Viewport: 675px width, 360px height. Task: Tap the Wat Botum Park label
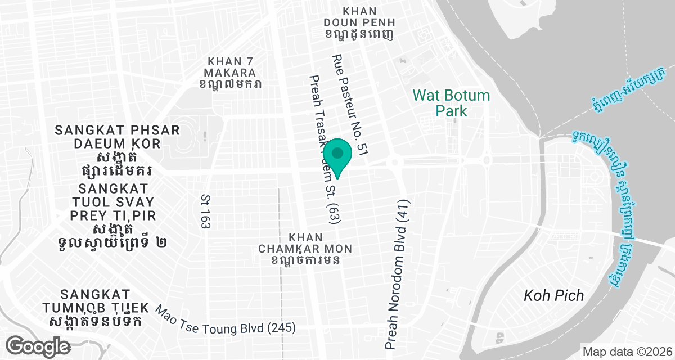pos(452,102)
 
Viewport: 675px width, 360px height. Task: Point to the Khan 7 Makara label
pos(231,73)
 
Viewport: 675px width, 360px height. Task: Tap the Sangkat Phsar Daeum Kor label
pos(117,148)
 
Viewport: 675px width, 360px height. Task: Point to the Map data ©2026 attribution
pos(627,352)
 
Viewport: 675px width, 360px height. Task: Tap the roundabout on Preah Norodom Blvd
pos(395,162)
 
